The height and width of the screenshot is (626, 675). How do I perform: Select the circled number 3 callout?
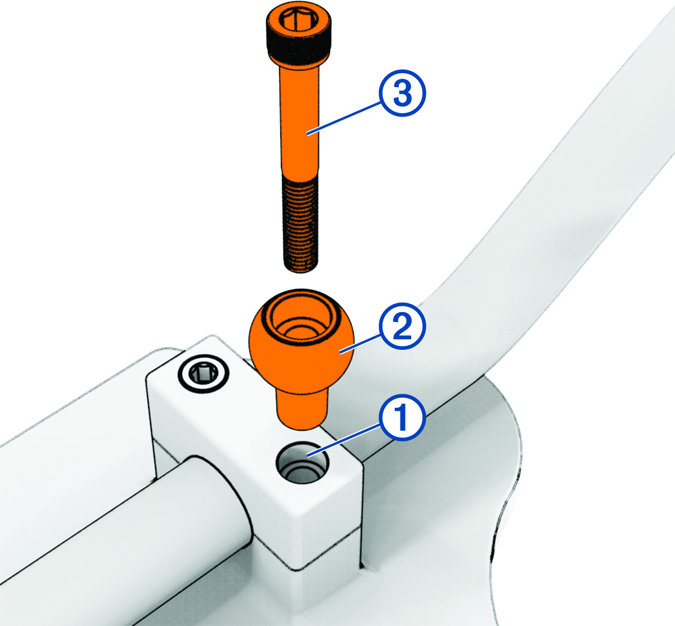click(401, 94)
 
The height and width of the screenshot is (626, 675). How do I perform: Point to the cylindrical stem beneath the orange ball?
click(300, 408)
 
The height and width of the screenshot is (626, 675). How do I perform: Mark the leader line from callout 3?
click(343, 116)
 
